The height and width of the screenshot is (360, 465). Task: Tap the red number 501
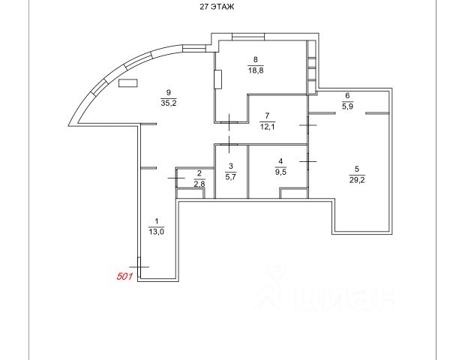[125, 276]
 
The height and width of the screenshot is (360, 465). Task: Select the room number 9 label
[168, 92]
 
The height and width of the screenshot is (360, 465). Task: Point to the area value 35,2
[168, 103]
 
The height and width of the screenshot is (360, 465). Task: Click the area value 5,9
[347, 106]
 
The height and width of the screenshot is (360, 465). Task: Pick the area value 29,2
[358, 180]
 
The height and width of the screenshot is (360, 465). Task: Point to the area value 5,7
[231, 177]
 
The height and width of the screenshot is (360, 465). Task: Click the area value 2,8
[199, 183]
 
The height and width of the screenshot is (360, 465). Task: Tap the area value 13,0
[156, 232]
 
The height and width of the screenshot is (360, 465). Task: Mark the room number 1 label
[156, 220]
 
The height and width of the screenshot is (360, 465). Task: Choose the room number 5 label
[358, 169]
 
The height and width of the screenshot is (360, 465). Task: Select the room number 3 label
[231, 166]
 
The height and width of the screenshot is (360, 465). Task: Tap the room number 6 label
[347, 95]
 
